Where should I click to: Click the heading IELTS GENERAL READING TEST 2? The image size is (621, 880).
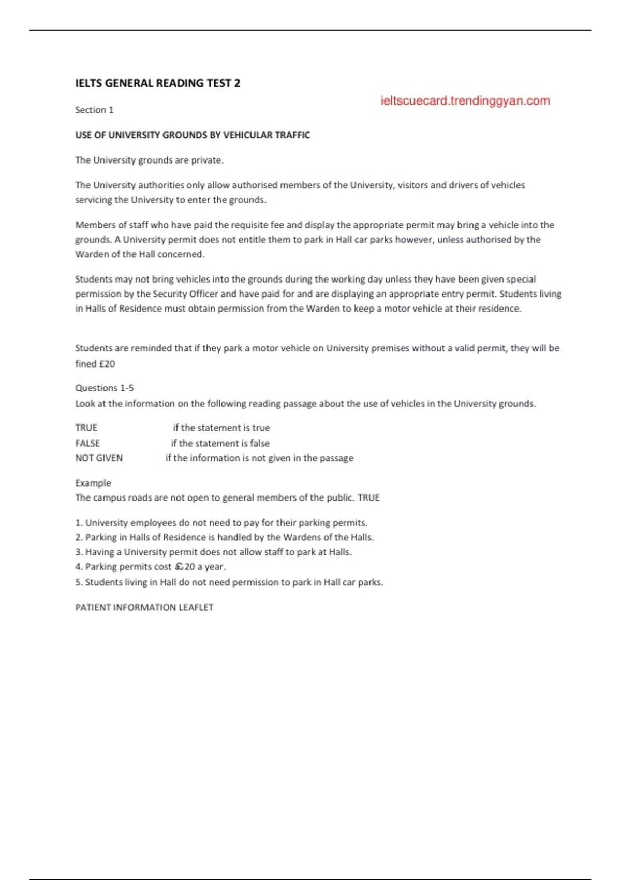[157, 83]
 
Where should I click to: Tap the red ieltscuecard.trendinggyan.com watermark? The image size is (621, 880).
[465, 101]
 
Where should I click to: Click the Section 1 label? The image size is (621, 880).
[94, 110]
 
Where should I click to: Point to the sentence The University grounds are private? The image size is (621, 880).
[149, 160]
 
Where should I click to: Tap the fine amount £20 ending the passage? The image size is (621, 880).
[107, 364]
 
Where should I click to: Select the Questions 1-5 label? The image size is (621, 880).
[105, 388]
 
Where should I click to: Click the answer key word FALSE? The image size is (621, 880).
[87, 443]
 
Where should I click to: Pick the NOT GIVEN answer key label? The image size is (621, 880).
[99, 458]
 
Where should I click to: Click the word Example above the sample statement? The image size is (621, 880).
[93, 483]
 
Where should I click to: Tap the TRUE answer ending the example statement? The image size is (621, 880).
[368, 498]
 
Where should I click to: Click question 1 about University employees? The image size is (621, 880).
[221, 523]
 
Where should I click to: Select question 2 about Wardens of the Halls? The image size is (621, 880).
[225, 537]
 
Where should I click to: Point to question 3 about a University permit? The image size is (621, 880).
[213, 552]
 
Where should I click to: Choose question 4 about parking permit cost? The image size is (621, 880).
[151, 567]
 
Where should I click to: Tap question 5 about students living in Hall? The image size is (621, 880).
[229, 582]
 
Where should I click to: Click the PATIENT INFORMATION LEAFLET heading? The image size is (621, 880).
[144, 607]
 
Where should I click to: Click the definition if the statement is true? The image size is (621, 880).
[221, 428]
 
